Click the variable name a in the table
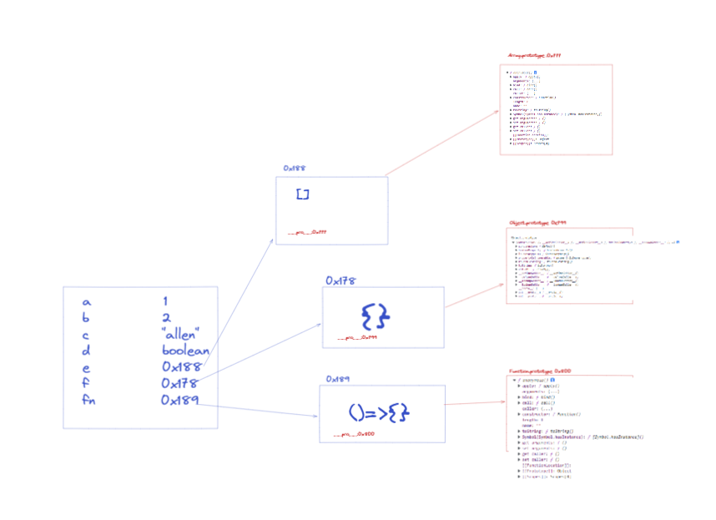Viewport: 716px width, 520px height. click(86, 301)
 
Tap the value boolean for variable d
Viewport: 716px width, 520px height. click(185, 351)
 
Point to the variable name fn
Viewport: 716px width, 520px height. click(88, 401)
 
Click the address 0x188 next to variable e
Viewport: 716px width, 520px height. click(183, 367)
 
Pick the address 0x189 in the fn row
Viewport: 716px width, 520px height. click(181, 401)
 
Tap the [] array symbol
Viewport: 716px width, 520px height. click(303, 194)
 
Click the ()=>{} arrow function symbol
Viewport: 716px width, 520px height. click(380, 412)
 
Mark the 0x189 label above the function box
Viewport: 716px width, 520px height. click(337, 379)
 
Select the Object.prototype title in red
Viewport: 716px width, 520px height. click(538, 223)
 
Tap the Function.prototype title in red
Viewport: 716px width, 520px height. click(540, 371)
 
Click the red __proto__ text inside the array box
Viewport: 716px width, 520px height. click(307, 233)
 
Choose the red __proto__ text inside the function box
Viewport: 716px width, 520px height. click(354, 434)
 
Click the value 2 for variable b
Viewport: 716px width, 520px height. click(166, 318)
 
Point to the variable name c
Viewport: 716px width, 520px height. click(86, 335)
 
